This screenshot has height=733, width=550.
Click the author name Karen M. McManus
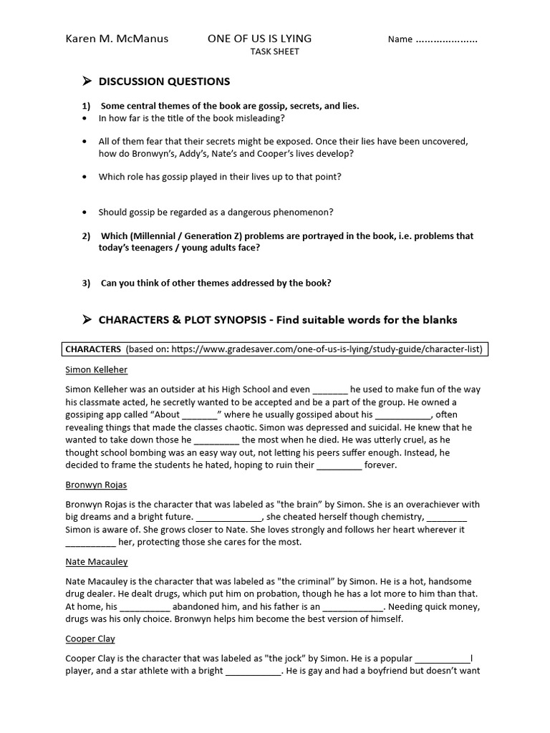tap(117, 39)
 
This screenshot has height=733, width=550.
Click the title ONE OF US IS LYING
tap(259, 39)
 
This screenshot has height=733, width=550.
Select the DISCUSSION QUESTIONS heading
tap(164, 82)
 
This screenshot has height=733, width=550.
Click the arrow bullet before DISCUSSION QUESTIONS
tap(87, 81)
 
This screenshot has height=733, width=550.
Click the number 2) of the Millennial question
tap(86, 236)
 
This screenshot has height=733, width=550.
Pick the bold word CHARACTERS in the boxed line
tap(93, 349)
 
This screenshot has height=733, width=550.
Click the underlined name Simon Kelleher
tap(96, 370)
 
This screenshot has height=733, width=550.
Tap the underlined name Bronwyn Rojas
tap(96, 485)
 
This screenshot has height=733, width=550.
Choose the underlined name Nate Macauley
tap(96, 562)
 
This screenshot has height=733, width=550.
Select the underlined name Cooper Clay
tap(90, 639)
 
